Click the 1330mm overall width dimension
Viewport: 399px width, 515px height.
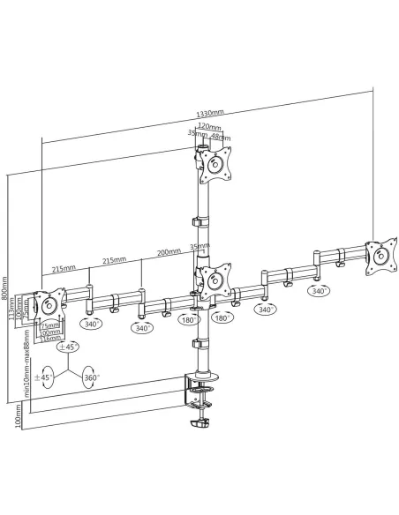coord(209,115)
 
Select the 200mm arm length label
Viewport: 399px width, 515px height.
coord(168,252)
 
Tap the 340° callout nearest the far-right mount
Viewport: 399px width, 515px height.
coord(318,290)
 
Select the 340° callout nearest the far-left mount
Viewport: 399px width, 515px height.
coord(89,324)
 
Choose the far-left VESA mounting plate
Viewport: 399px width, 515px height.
coord(50,309)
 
